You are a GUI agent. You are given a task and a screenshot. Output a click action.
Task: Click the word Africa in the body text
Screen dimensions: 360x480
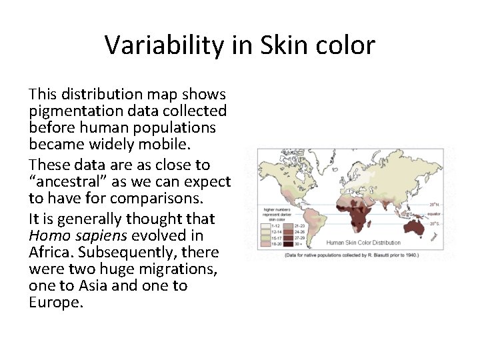[x=53, y=252]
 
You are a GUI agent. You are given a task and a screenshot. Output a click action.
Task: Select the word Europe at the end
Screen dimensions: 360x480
[x=55, y=302]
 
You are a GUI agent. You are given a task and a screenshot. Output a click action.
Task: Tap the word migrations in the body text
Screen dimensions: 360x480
[x=178, y=269]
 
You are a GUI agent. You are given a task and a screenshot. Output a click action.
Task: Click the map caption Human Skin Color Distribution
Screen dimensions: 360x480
[x=363, y=243]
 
